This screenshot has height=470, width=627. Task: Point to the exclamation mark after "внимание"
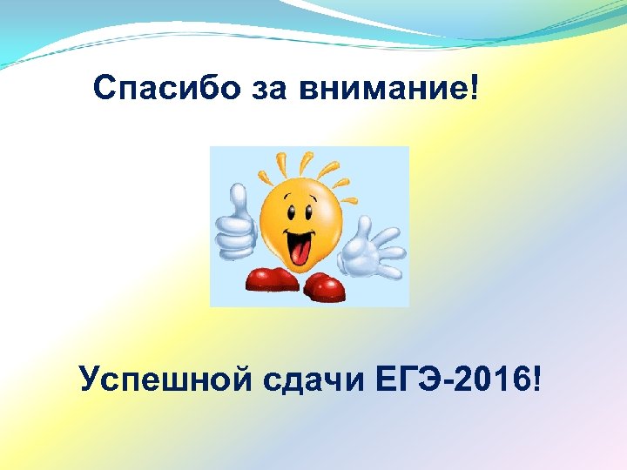(x=474, y=87)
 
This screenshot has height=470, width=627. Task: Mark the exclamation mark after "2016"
(x=534, y=379)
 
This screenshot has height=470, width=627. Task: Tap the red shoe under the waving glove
(x=324, y=285)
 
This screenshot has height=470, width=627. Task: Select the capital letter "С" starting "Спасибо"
(x=104, y=89)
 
